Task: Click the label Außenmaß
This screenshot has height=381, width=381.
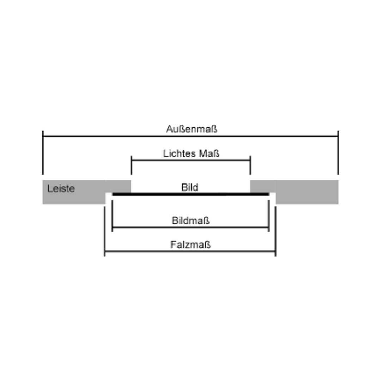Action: coord(192,129)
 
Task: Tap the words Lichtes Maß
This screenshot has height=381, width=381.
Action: coord(191,153)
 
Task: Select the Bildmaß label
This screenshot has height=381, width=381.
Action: coord(190,220)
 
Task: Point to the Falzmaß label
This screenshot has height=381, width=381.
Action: coord(190,244)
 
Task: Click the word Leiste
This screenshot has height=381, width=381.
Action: coord(61,188)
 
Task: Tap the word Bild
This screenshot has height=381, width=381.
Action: coord(190,187)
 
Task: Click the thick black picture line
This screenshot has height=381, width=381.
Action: coord(191,194)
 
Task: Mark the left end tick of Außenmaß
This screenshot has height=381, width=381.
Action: coord(43,153)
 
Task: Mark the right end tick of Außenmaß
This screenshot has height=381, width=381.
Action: coord(338,153)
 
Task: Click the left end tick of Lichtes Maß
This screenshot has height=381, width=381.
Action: coord(132,165)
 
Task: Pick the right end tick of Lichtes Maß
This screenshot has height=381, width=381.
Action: coord(250,165)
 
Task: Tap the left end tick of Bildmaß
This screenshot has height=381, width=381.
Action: coord(112,216)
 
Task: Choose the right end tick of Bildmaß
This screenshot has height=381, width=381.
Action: coord(269,216)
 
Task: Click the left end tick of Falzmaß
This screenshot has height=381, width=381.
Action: coord(105,231)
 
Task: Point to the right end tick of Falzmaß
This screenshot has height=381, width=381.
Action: coord(276,231)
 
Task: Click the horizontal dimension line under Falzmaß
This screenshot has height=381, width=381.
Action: coord(190,252)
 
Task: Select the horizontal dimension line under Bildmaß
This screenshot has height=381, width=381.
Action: coord(190,228)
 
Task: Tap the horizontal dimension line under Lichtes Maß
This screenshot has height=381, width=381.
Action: coord(191,161)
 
